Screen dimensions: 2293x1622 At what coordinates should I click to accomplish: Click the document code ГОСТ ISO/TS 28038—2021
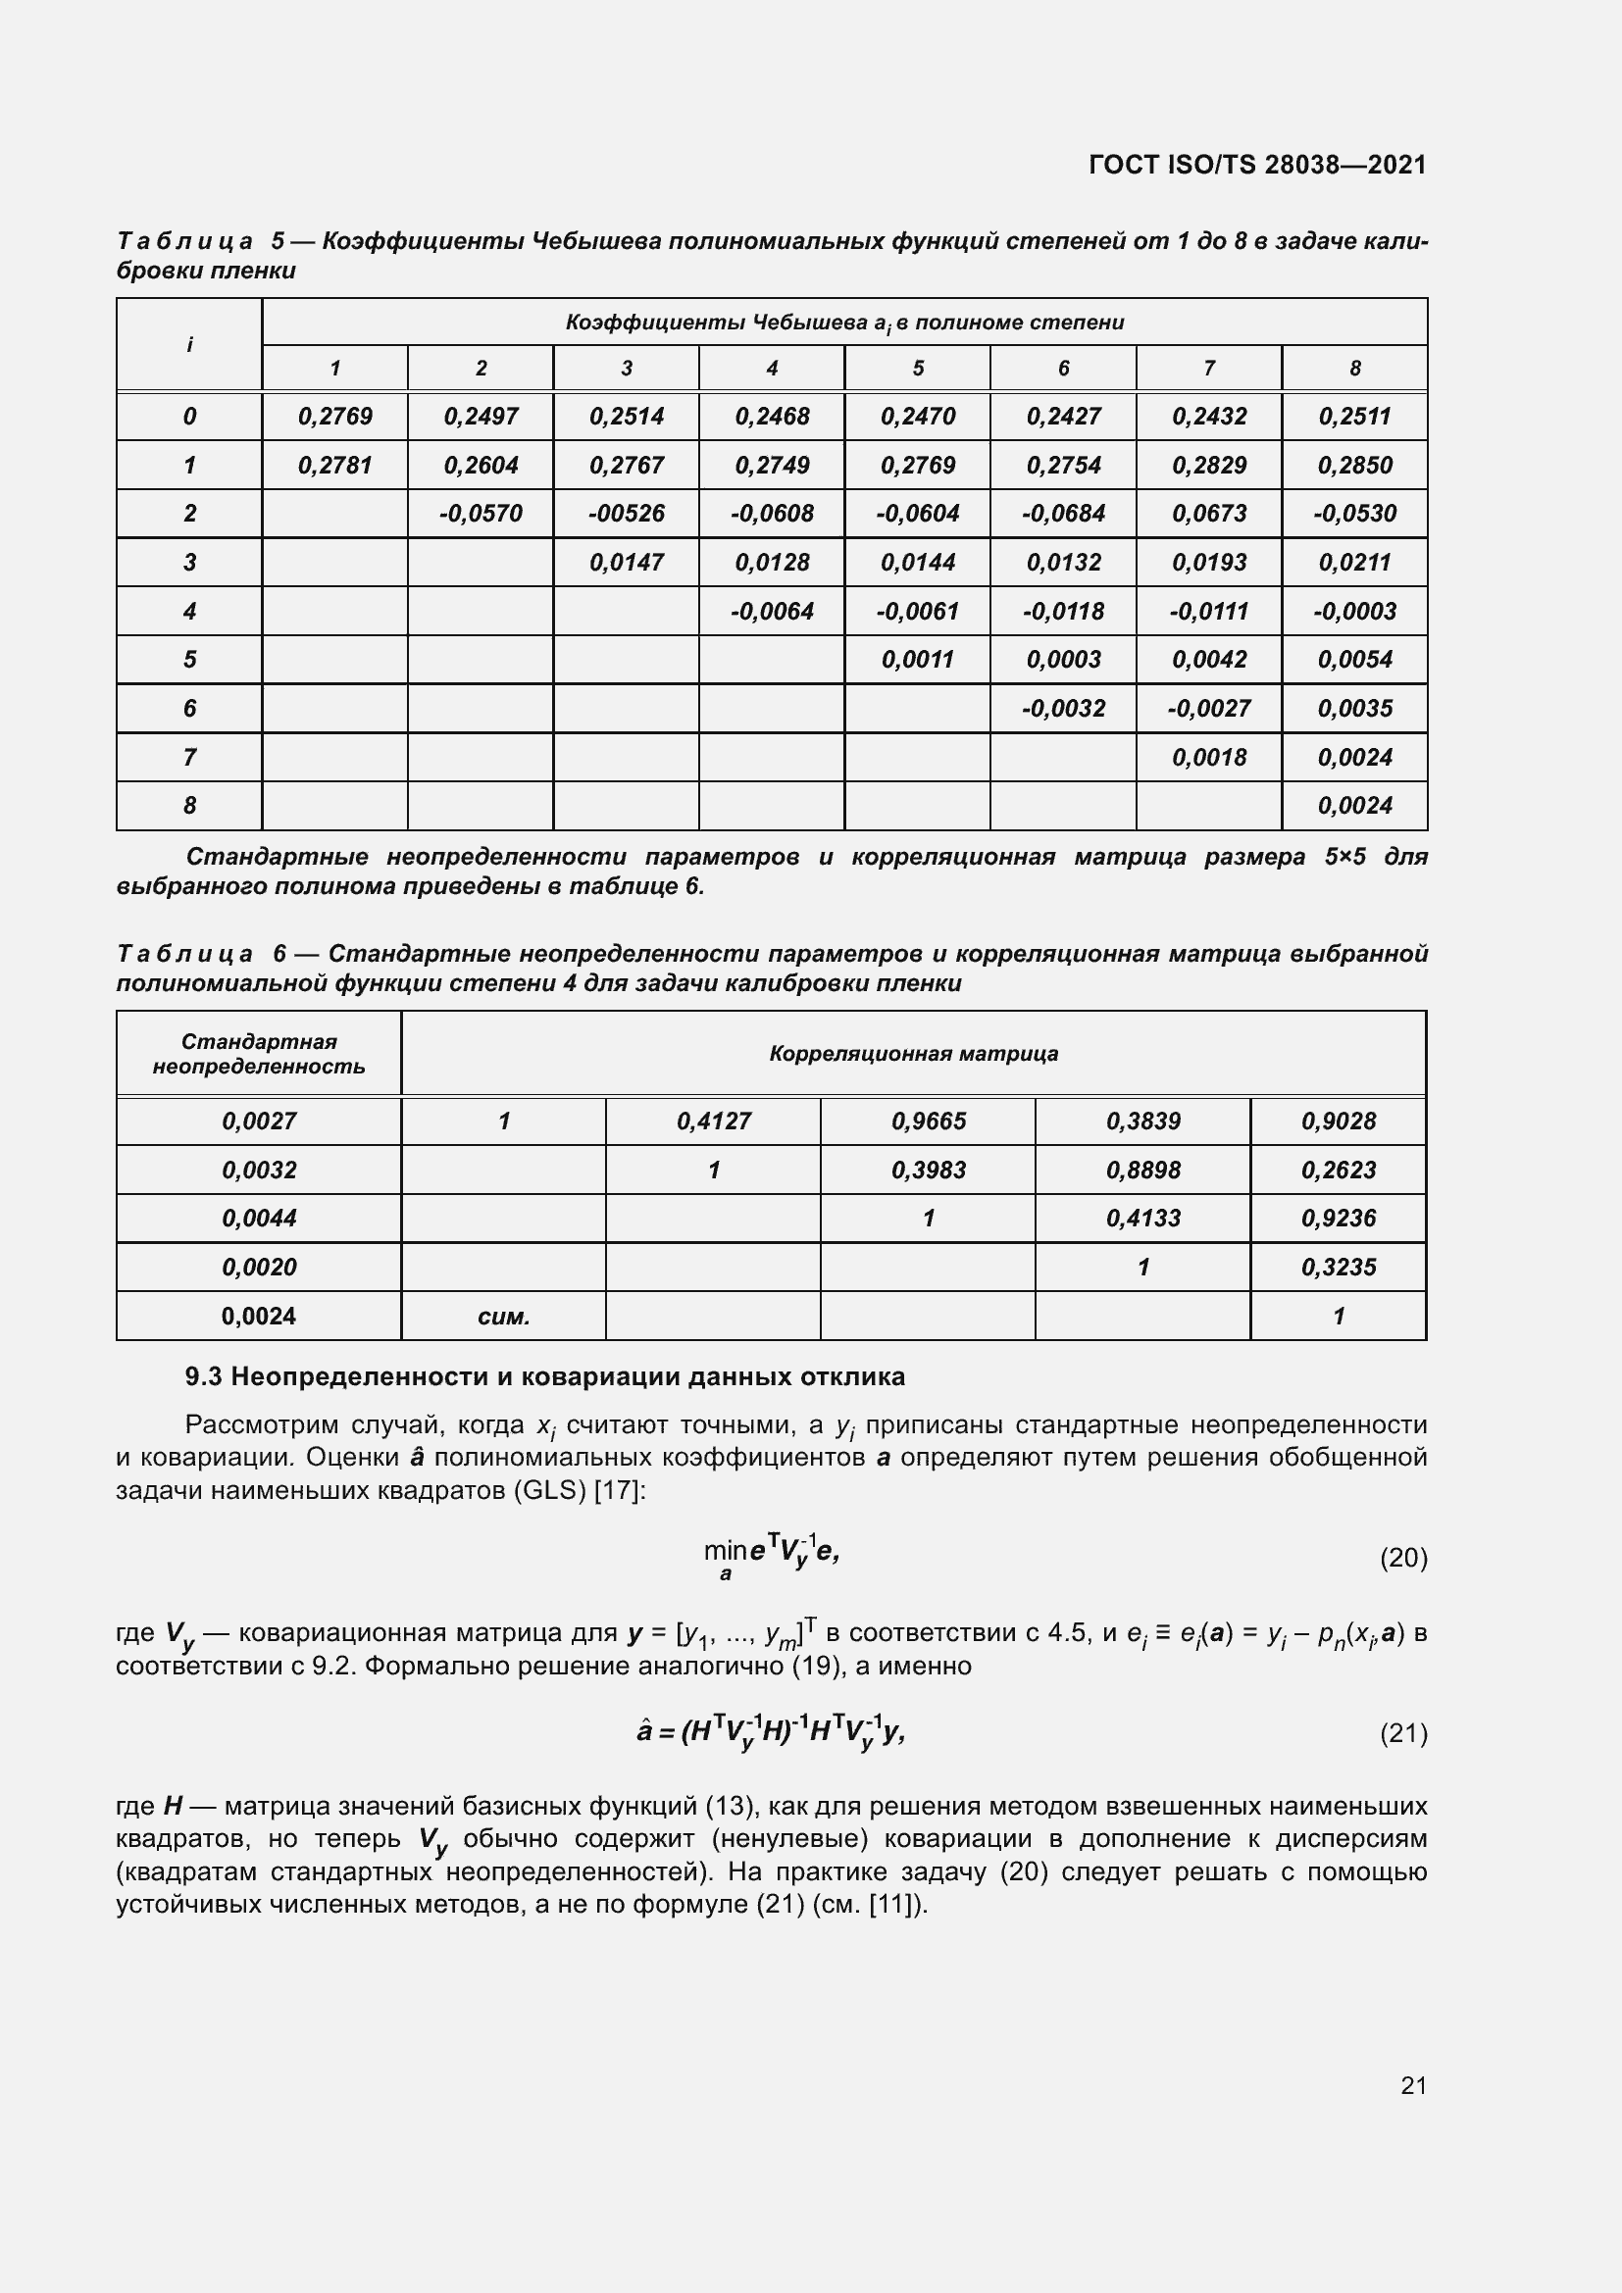click(x=1256, y=165)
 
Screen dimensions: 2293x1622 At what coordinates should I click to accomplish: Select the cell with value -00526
click(x=627, y=514)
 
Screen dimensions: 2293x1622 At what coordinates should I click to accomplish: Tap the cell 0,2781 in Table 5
click(x=334, y=466)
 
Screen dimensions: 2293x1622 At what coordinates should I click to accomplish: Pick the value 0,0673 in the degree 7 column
click(x=1208, y=514)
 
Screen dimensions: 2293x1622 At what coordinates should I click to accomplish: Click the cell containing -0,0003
click(x=1354, y=611)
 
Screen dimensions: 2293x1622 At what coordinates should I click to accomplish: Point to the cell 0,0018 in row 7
click(x=1208, y=757)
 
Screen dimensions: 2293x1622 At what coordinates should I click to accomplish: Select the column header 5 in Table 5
click(x=917, y=369)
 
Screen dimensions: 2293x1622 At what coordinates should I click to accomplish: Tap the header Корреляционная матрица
click(x=913, y=1054)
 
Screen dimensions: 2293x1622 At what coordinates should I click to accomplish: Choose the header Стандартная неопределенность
click(x=259, y=1054)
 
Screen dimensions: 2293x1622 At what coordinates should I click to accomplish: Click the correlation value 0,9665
click(x=928, y=1122)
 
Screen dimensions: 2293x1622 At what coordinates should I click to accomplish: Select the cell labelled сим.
click(x=503, y=1317)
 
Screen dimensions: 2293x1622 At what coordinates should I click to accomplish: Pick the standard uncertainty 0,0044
click(x=259, y=1219)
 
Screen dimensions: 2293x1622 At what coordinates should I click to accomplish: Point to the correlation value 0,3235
click(x=1338, y=1268)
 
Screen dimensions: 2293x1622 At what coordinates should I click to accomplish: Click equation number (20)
click(x=1403, y=1558)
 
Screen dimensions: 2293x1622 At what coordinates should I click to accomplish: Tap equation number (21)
click(x=1403, y=1734)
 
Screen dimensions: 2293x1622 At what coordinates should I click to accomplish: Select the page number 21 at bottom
click(x=1413, y=2085)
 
